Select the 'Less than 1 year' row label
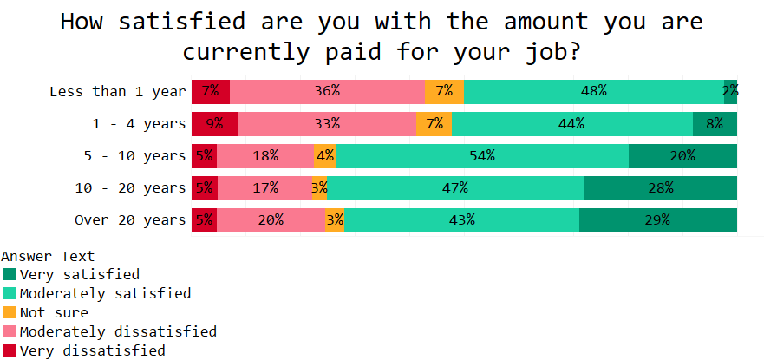click(x=117, y=91)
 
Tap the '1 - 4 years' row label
click(x=139, y=123)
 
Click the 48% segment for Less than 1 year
click(x=594, y=91)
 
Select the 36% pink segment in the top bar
click(x=327, y=91)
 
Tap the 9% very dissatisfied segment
click(x=214, y=123)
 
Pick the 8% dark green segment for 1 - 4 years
click(x=715, y=123)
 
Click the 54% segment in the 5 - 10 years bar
click(x=482, y=156)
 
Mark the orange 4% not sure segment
click(x=325, y=156)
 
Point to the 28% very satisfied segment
click(x=660, y=187)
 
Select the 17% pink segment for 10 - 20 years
click(x=264, y=187)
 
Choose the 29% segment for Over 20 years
click(x=657, y=219)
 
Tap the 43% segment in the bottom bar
click(x=461, y=219)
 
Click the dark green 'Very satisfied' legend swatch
click(x=10, y=274)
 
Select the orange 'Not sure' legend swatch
click(x=10, y=312)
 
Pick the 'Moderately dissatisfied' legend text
click(x=117, y=331)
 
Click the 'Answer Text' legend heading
click(x=48, y=256)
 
